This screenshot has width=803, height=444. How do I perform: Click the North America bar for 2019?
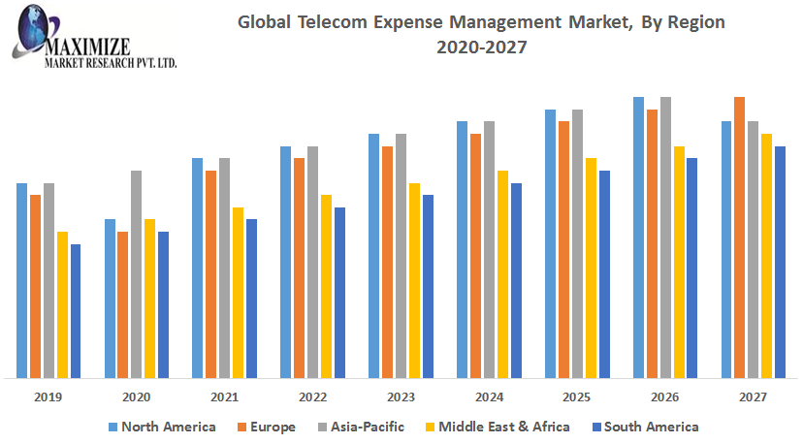coord(21,280)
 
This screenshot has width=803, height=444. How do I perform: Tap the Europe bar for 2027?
coord(740,238)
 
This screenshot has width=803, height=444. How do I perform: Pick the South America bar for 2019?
coord(76,310)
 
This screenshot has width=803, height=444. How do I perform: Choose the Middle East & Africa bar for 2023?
coord(414,280)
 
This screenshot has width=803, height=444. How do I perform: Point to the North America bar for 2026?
coord(638,238)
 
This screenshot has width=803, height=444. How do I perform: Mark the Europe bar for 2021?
coord(210,274)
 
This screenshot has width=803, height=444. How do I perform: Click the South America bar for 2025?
coord(604,274)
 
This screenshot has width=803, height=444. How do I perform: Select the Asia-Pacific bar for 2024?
coord(489,249)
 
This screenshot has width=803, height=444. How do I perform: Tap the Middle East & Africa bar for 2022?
coord(326,286)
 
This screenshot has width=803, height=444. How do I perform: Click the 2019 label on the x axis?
coord(48,396)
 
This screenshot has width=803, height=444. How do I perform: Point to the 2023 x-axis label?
coord(401,396)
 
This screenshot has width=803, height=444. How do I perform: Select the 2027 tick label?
coord(754,396)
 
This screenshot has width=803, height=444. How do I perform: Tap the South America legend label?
coord(652,427)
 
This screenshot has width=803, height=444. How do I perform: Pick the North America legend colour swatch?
coord(112,427)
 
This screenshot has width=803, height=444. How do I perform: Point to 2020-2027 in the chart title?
coord(481,48)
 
